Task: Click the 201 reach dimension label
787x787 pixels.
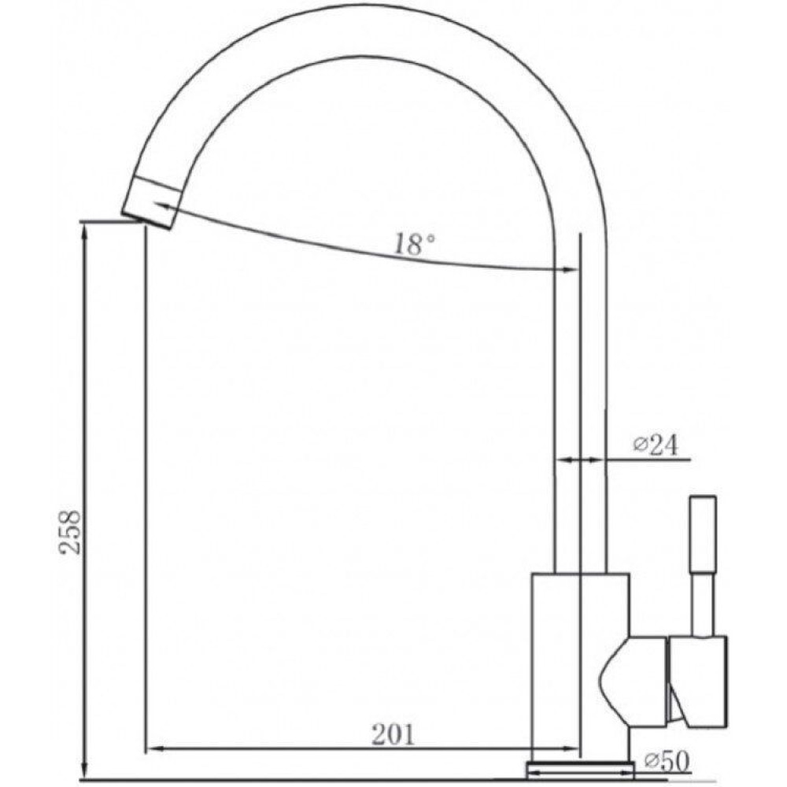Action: [x=393, y=735]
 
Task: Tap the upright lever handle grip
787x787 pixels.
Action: [x=703, y=534]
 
